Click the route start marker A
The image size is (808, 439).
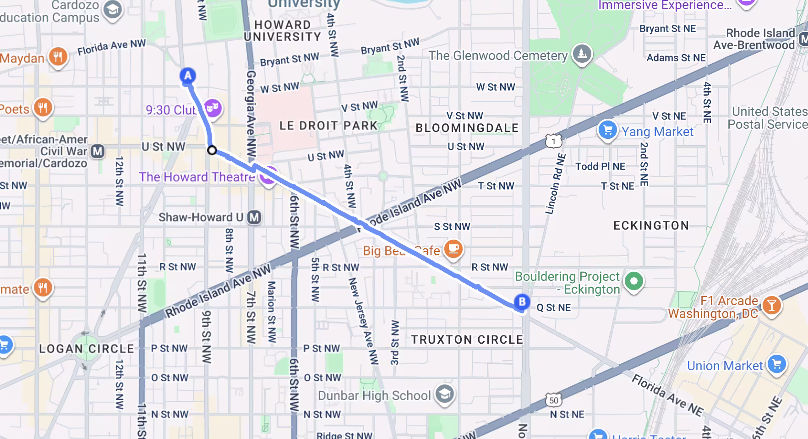(187, 76)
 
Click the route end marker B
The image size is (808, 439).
(522, 302)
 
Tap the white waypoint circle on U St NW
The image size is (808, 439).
(212, 150)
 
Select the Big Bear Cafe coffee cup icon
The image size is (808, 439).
(453, 249)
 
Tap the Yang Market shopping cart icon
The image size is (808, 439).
(608, 130)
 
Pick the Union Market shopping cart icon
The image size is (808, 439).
(776, 365)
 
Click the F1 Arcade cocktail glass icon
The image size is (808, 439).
(771, 305)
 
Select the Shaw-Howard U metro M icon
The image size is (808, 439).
(254, 217)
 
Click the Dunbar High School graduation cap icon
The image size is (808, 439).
(444, 394)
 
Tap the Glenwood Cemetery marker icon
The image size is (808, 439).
(582, 55)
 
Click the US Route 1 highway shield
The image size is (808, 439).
(553, 141)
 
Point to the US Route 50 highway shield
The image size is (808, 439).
(554, 401)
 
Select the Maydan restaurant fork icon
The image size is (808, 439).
(58, 57)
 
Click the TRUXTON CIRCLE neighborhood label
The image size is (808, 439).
(467, 340)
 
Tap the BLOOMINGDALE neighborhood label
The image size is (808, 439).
(467, 128)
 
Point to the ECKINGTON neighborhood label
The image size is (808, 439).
(651, 225)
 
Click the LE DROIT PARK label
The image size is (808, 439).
(328, 126)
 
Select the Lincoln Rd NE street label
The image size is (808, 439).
(555, 184)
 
